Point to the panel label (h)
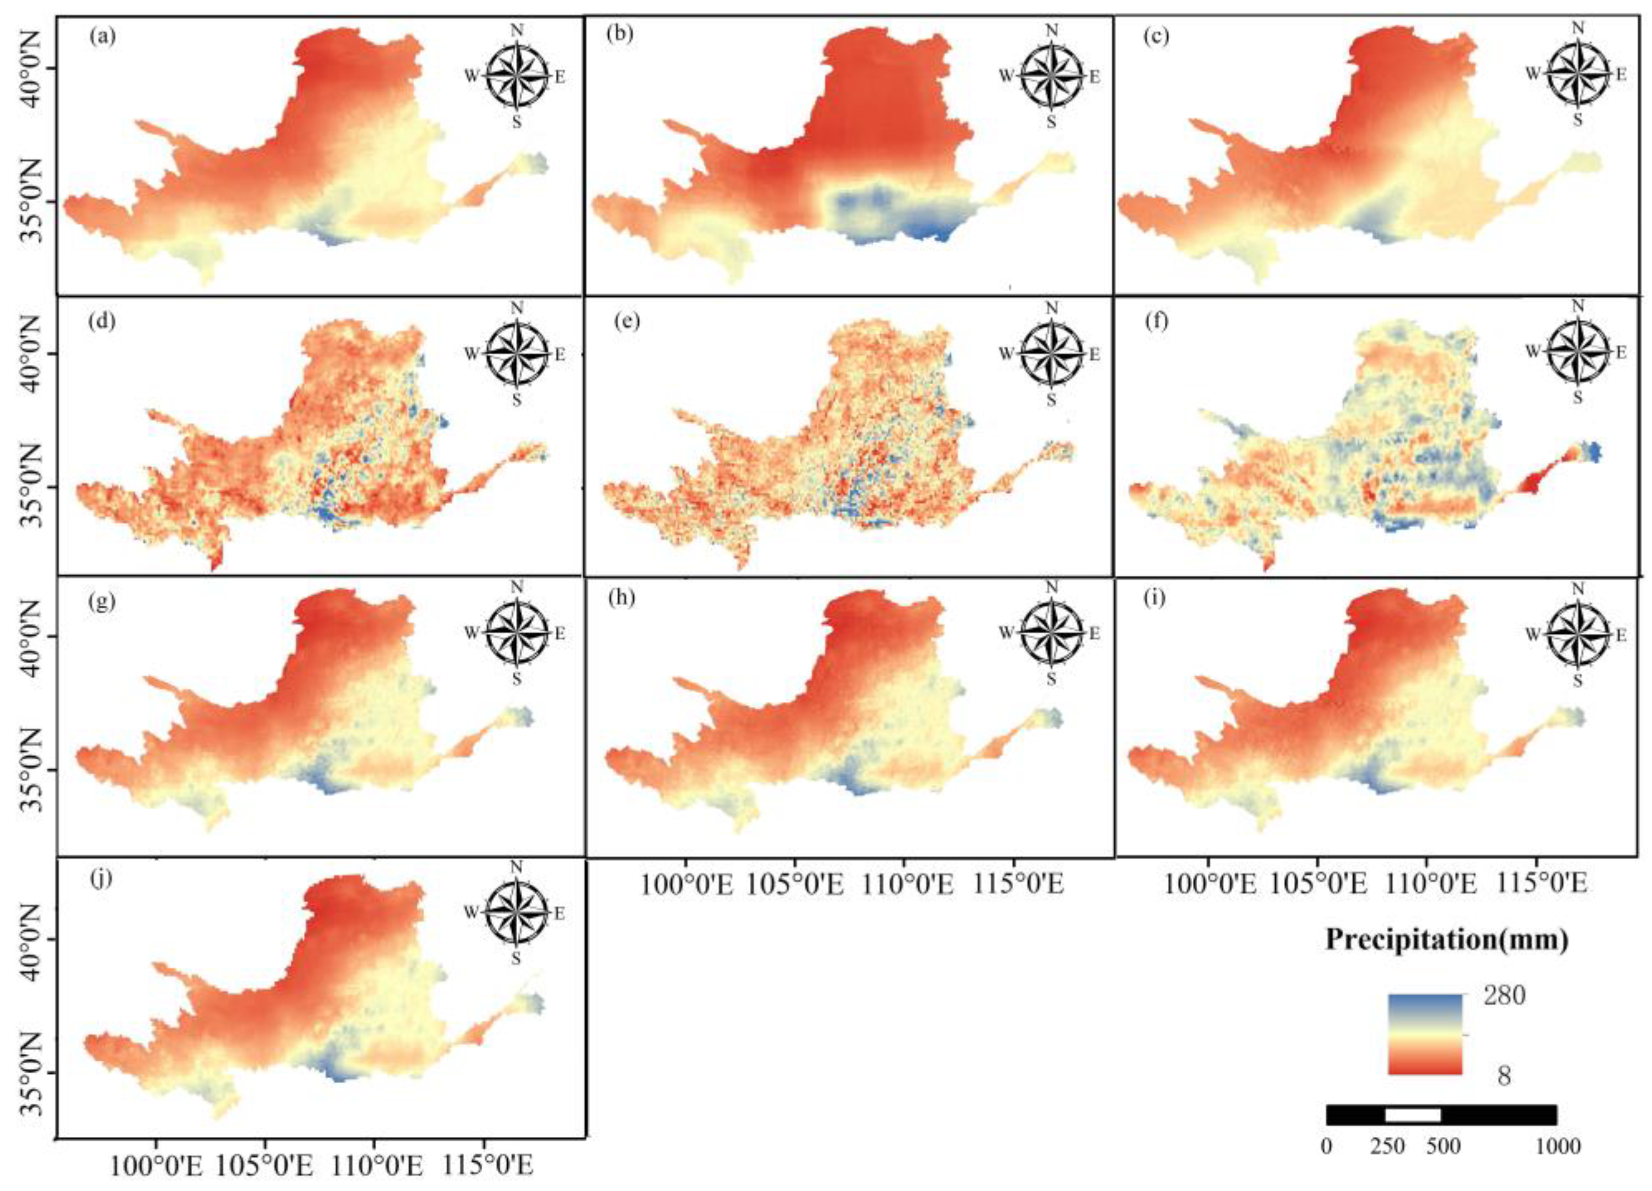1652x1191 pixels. click(625, 598)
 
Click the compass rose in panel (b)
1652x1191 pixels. click(1050, 76)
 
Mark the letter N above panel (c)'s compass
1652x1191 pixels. click(1578, 28)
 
